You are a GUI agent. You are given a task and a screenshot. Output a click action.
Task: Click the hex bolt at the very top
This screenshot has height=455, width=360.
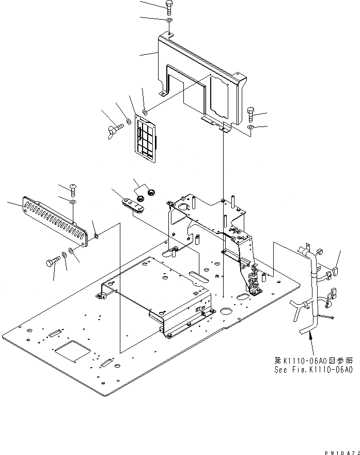tap(170, 6)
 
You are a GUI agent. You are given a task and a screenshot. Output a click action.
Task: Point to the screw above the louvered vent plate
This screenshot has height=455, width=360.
tap(72, 187)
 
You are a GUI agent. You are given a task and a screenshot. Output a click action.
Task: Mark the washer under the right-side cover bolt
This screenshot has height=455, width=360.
tap(251, 127)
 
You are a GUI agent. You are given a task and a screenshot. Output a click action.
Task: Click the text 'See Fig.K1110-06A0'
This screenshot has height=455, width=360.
tap(314, 370)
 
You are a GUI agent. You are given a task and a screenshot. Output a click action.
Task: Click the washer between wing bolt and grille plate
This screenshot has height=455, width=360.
tap(128, 123)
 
